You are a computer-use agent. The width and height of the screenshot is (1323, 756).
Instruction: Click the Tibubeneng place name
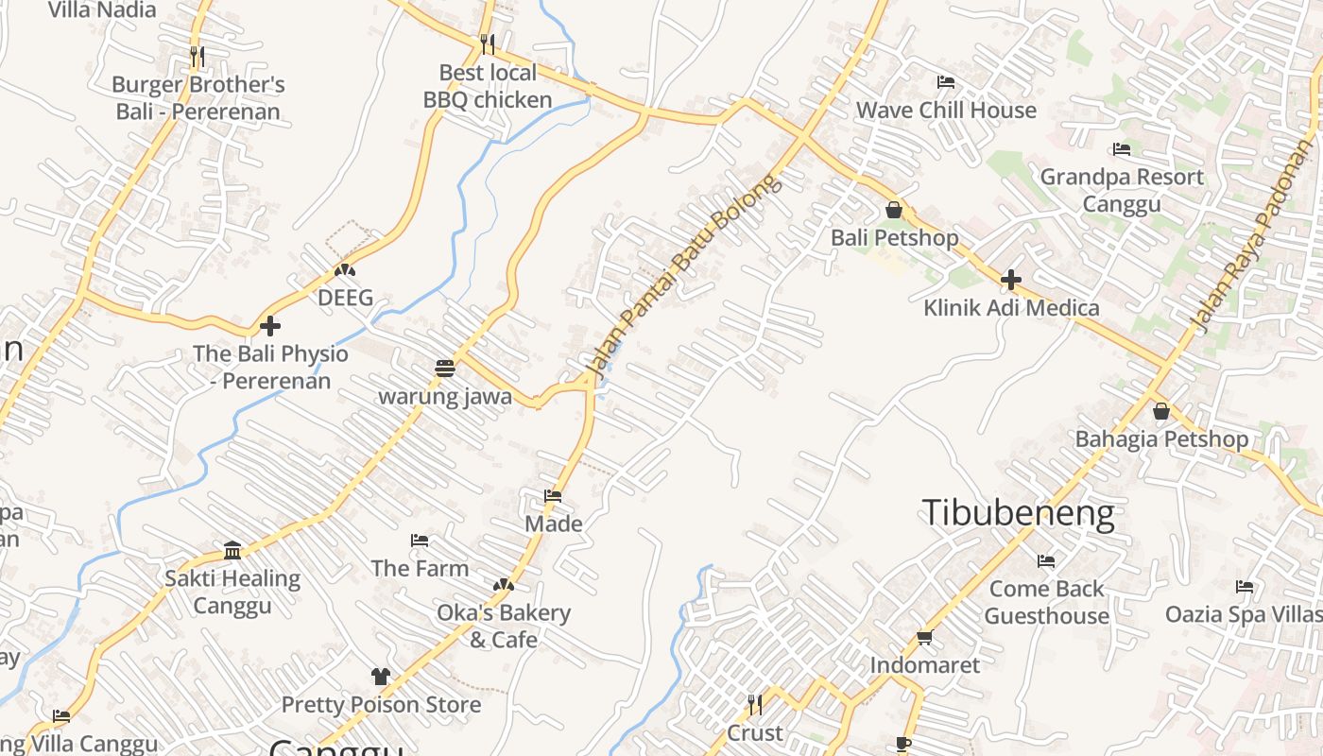1018,513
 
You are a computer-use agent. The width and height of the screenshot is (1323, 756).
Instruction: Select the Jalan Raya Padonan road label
1252,236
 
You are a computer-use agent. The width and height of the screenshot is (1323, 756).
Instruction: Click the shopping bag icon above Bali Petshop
894,210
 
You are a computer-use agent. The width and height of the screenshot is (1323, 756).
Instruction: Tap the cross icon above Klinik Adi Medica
1011,280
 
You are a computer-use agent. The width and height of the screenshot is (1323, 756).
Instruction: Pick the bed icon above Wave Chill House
945,82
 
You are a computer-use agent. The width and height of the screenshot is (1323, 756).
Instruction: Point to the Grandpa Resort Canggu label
1122,190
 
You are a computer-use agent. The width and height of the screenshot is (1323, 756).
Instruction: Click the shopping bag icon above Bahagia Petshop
1161,411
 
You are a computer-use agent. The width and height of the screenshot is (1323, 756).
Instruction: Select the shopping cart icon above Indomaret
925,638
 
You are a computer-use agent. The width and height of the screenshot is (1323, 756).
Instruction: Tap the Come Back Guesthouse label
1046,602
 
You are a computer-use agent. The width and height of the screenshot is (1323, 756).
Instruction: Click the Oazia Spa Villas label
1244,613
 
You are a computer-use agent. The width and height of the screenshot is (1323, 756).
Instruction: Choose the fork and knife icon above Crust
754,705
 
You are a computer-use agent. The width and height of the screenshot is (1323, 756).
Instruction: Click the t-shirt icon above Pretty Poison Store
380,677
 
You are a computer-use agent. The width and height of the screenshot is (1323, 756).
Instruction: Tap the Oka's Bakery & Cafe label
503,626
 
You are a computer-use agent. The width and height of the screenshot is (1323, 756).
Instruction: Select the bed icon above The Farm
420,541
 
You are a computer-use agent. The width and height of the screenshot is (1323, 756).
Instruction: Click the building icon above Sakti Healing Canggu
232,550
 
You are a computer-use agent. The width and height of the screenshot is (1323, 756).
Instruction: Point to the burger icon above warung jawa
445,368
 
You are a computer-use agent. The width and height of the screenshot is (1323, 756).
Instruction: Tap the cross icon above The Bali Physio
270,326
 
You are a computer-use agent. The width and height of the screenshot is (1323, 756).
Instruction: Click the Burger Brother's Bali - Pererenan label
198,97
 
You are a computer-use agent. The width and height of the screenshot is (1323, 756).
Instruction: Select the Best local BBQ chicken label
488,86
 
